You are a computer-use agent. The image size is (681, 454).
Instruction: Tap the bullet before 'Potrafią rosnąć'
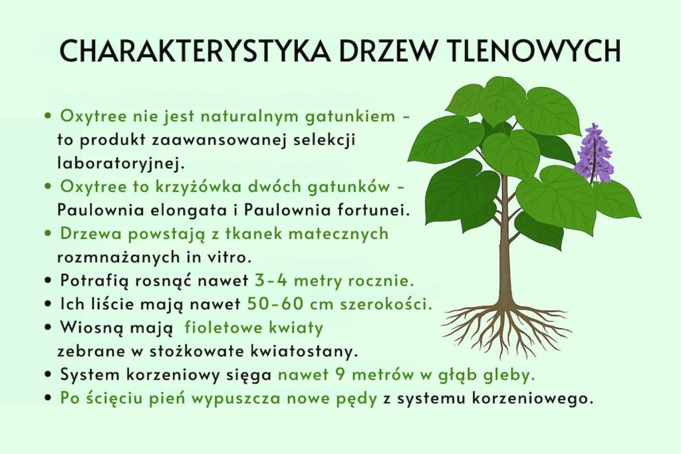coord(49,282)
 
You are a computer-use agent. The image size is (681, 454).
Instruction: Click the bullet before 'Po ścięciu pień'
coord(49,399)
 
